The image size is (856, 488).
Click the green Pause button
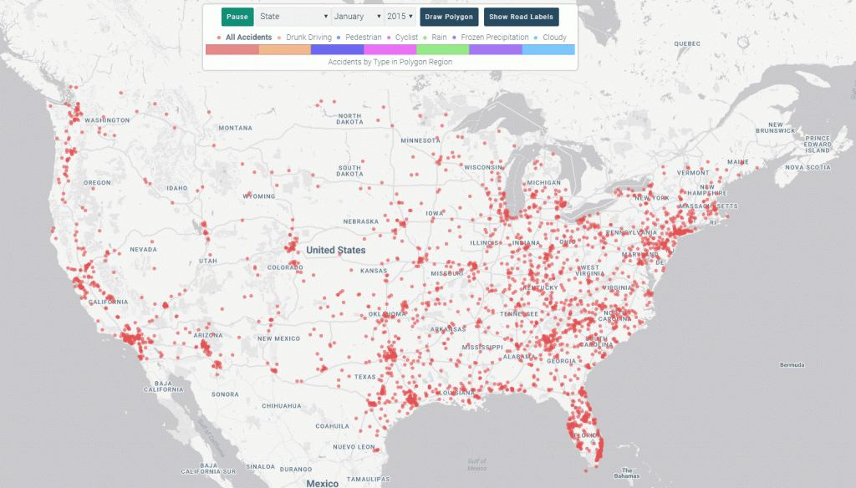pyautogui.click(x=237, y=17)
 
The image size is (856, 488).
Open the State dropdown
pyautogui.click(x=293, y=17)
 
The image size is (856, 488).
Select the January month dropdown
pyautogui.click(x=357, y=17)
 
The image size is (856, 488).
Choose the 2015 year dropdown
pyautogui.click(x=400, y=17)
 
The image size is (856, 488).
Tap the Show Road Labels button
pyautogui.click(x=521, y=17)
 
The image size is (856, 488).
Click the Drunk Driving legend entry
pyautogui.click(x=305, y=38)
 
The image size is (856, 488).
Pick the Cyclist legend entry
pyautogui.click(x=409, y=38)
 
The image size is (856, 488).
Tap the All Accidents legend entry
pyautogui.click(x=245, y=38)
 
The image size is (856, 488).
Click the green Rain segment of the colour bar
pyautogui.click(x=442, y=50)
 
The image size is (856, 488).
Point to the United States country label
pyautogui.click(x=335, y=250)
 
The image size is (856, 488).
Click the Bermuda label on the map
pyautogui.click(x=791, y=365)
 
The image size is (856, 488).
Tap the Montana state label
pyautogui.click(x=235, y=128)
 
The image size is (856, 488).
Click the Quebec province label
pyautogui.click(x=686, y=43)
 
